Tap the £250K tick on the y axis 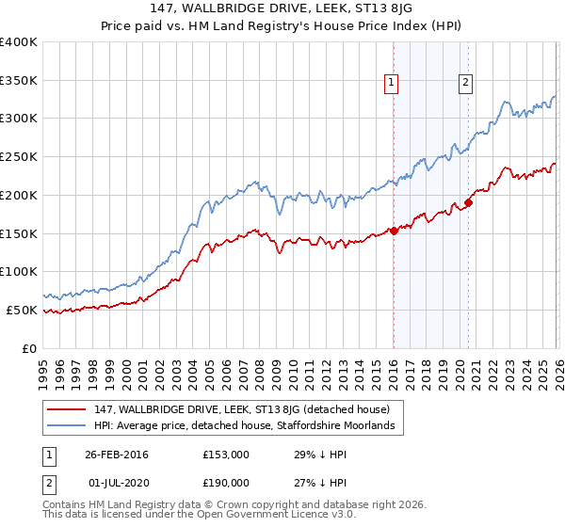click(x=19, y=157)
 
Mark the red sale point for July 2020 click(x=469, y=203)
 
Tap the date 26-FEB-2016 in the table click(x=117, y=455)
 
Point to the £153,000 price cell click(x=226, y=455)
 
